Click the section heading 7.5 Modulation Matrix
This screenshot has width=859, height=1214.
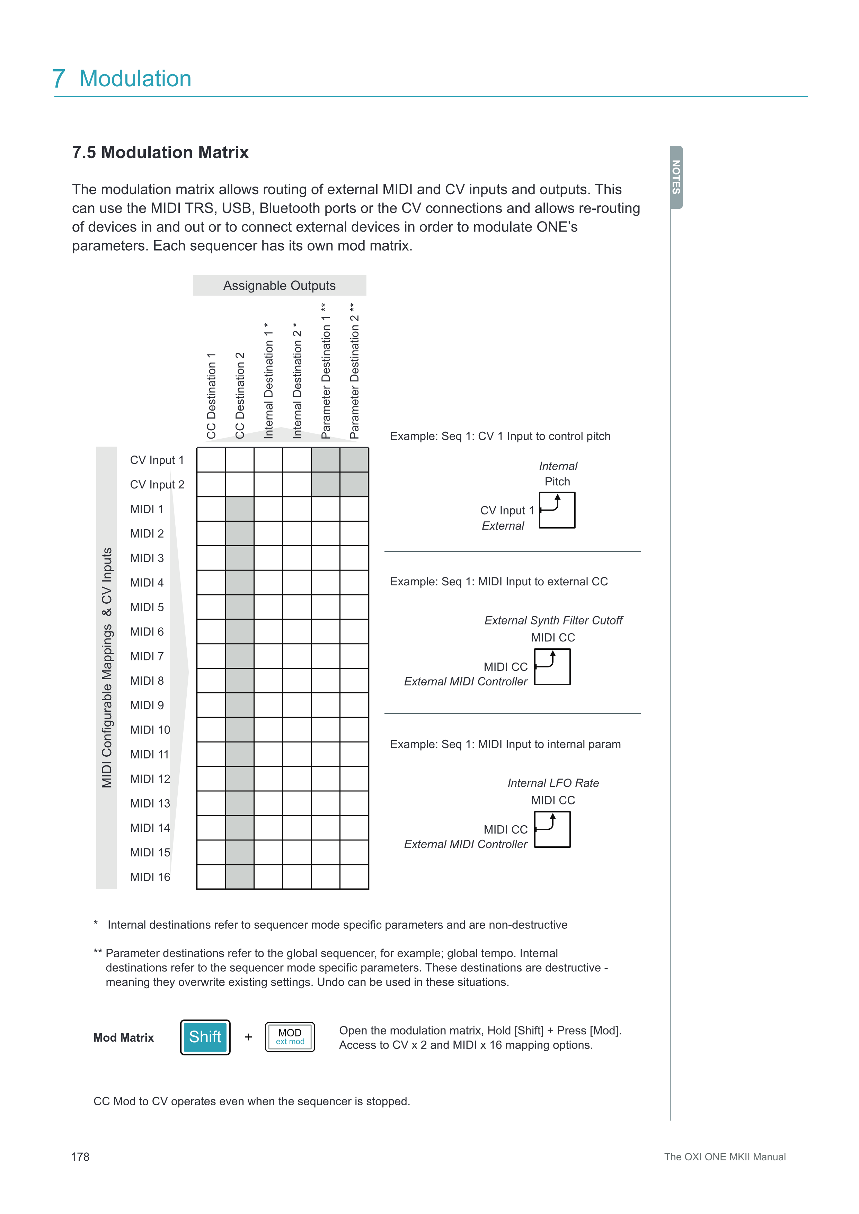tap(160, 152)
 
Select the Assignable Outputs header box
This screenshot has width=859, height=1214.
tap(279, 286)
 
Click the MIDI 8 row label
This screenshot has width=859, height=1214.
tap(147, 681)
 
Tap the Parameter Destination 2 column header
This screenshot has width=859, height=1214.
tap(354, 371)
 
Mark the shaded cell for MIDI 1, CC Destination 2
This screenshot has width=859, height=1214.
tap(240, 509)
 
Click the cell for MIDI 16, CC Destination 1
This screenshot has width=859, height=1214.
tap(211, 876)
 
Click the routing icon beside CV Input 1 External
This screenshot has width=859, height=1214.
tap(557, 510)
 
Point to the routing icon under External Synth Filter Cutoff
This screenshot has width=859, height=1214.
tap(552, 667)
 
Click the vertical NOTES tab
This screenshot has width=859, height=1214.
tap(676, 177)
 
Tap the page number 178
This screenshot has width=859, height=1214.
tap(80, 1157)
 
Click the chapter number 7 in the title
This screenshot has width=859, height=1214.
tap(59, 79)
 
